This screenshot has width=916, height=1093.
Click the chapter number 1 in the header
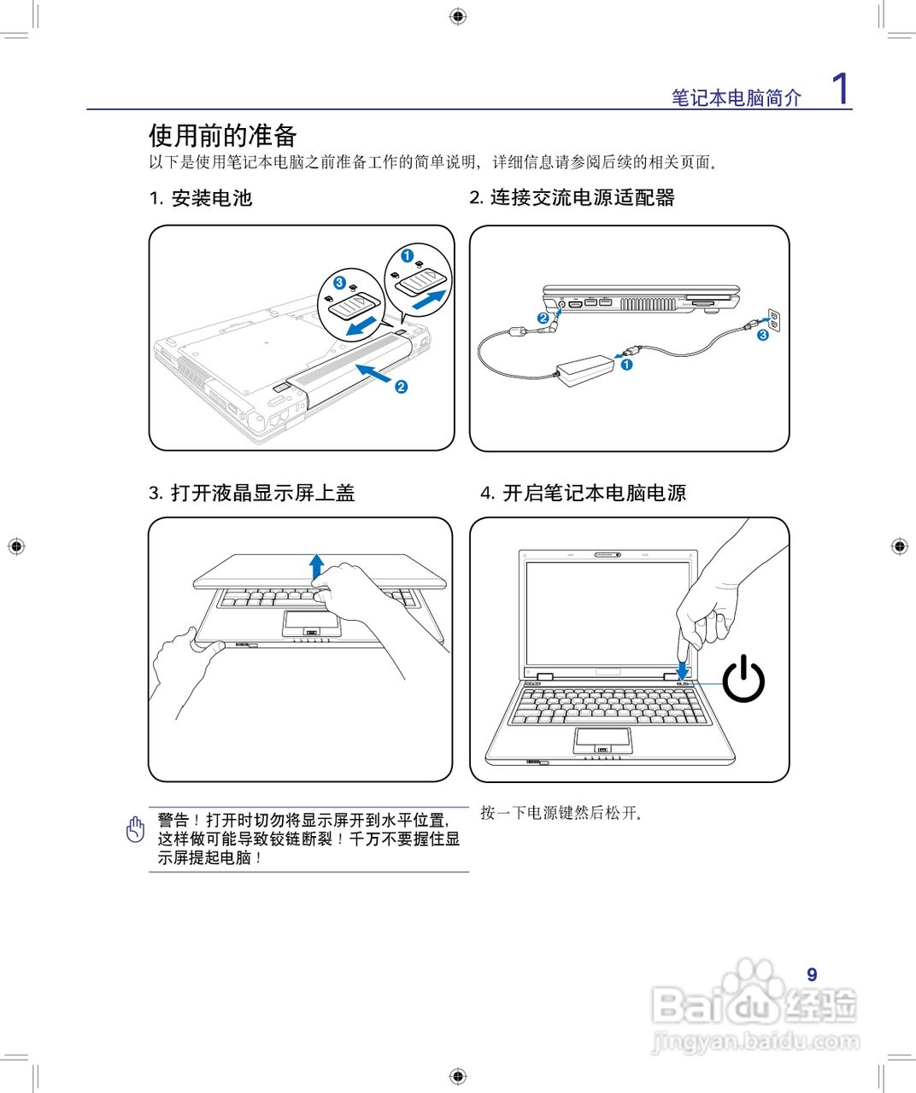coord(841,89)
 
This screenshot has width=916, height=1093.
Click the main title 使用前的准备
coord(222,135)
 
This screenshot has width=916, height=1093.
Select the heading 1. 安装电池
coord(201,198)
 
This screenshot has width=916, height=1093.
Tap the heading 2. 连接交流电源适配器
coord(572,197)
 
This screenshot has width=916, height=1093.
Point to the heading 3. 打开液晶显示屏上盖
coord(251,493)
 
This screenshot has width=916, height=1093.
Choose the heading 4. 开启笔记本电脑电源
coord(583,493)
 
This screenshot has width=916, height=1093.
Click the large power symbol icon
coord(743,679)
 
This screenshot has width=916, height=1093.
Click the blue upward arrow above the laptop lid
coord(317,565)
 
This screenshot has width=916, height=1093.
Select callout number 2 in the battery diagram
coord(401,387)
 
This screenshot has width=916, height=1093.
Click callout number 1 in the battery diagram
coord(408,255)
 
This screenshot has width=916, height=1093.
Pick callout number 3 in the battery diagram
coord(339,282)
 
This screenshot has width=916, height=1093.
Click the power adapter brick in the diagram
coord(585,370)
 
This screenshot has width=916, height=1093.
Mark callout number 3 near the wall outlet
coord(763,335)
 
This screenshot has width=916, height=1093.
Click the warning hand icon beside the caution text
coord(135,829)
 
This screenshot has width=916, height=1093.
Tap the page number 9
coord(812,974)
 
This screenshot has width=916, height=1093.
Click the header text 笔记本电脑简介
coord(736,98)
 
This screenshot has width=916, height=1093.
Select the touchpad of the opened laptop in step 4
coord(603,739)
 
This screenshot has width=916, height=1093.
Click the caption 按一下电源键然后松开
coord(561,813)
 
